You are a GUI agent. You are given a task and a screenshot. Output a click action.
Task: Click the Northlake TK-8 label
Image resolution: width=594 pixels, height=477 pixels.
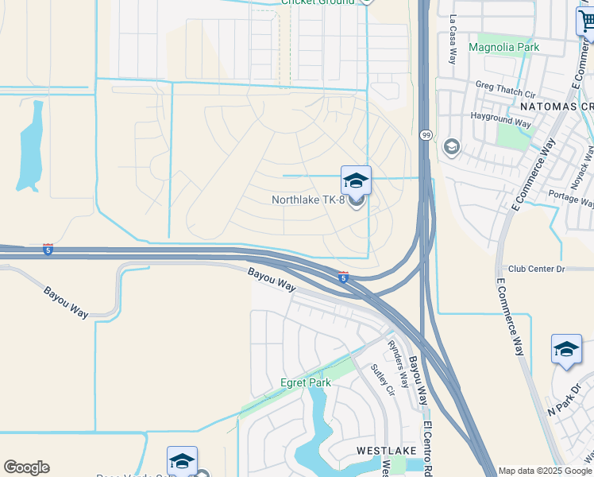coord(308,200)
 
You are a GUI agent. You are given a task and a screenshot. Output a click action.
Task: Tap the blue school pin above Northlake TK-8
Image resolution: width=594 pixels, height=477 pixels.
coord(356,180)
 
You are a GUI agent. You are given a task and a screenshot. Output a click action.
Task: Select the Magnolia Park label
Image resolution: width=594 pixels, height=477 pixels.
coord(503,48)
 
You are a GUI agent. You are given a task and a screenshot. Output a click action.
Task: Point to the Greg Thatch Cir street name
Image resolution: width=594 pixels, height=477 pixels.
coord(505,87)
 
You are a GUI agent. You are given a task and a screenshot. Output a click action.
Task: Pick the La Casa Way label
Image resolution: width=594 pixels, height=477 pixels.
coord(453,39)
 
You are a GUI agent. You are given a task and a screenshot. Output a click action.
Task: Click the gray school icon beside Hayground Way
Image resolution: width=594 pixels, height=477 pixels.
coord(452,147)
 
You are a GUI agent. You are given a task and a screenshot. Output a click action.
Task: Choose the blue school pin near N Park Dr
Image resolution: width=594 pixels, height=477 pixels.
coord(566,349)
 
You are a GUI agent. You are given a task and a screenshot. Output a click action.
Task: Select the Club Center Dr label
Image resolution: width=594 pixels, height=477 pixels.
coord(535,269)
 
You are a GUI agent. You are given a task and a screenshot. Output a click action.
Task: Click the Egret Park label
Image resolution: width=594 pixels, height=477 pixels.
coord(305,382)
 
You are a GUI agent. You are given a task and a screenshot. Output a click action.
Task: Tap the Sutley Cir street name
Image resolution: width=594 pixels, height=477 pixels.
coord(383,380)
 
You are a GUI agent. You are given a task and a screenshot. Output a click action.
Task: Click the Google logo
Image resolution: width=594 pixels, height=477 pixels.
coord(26,467)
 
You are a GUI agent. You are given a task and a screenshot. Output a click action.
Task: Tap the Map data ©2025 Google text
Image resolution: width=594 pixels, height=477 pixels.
coord(545,471)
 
